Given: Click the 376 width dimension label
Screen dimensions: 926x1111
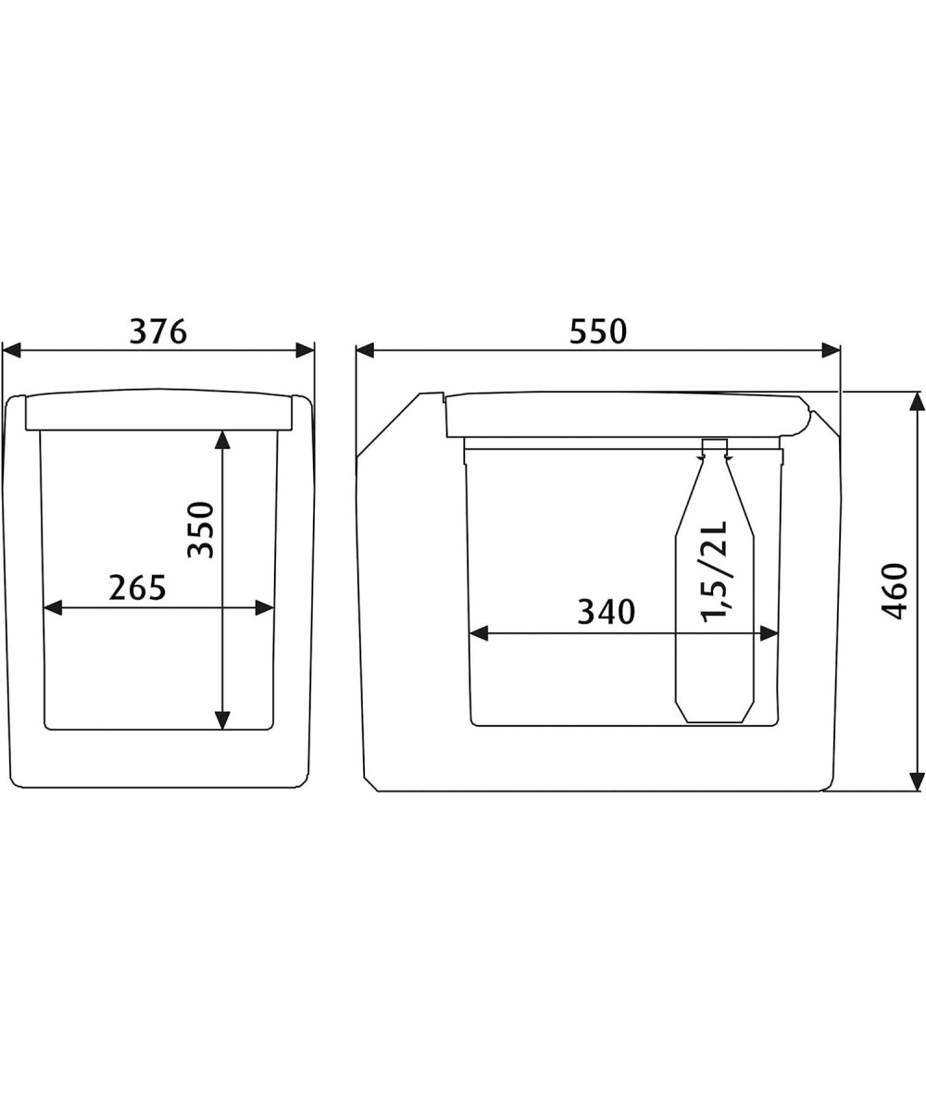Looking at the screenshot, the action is tap(158, 331).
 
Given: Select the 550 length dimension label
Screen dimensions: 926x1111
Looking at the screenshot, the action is tap(598, 331).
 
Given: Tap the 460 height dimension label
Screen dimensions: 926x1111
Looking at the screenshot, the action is tap(895, 591).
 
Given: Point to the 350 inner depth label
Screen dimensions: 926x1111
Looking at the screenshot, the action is tap(201, 530).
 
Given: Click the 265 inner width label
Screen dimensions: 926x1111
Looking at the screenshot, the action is tap(137, 587).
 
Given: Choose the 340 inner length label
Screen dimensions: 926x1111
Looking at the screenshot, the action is tap(607, 612).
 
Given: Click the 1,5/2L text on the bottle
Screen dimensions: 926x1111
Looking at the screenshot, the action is tap(714, 571).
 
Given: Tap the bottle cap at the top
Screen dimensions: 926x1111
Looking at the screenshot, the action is tap(715, 446).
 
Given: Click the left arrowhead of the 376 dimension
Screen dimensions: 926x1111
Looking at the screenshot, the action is tap(11, 351).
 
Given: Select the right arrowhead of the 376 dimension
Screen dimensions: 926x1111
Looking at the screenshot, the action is tap(305, 351).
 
